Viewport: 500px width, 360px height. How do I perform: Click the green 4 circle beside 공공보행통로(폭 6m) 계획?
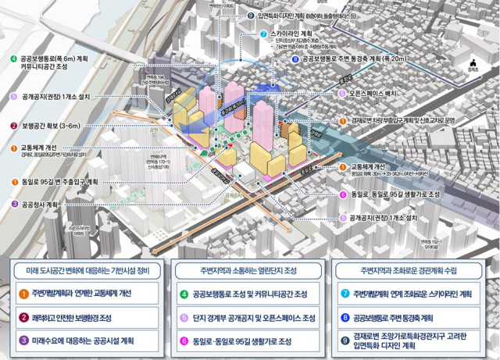13,59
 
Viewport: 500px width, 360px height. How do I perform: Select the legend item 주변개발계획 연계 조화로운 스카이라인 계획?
412,294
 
